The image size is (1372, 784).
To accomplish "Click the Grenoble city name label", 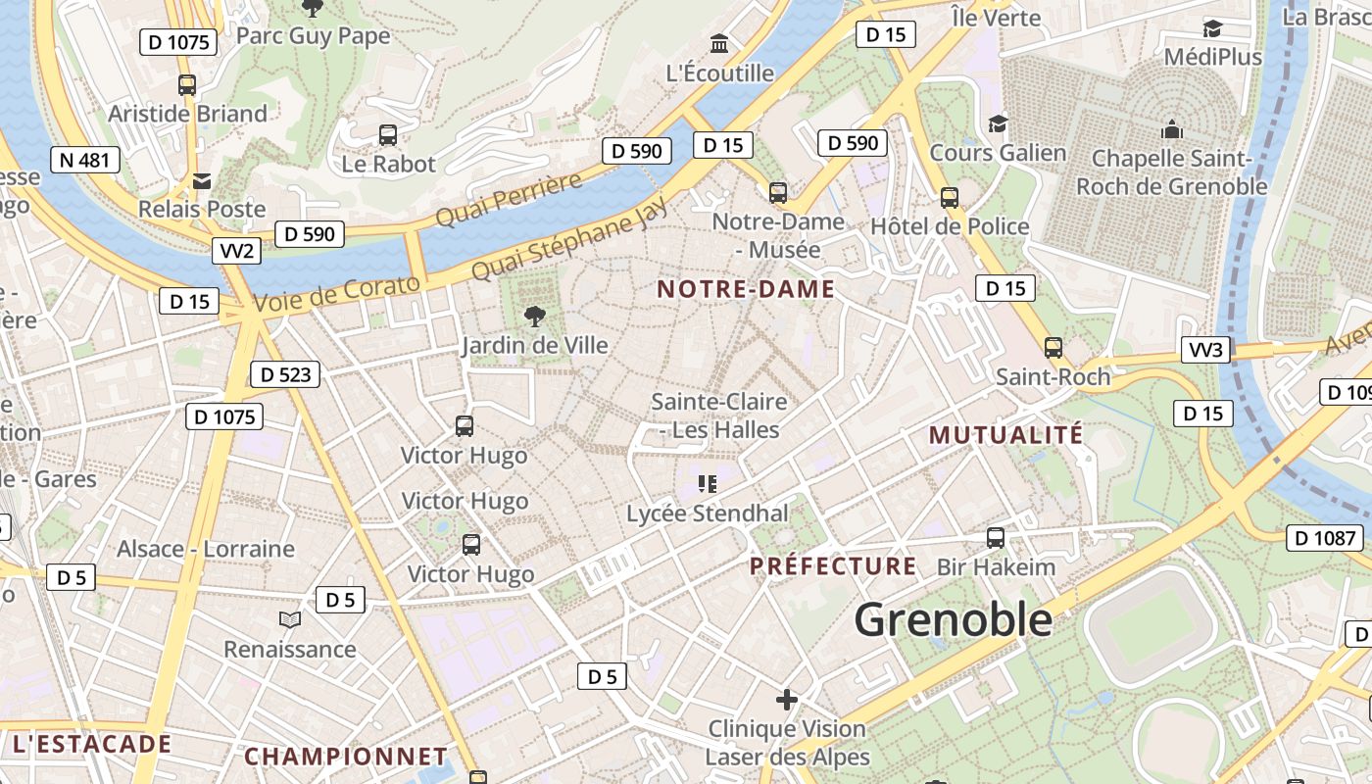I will (953, 619).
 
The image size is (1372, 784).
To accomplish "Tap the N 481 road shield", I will (86, 160).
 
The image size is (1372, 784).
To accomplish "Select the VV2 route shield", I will (237, 251).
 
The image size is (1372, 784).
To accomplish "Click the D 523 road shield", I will (285, 373).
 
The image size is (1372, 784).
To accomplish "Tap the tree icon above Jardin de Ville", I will (534, 316).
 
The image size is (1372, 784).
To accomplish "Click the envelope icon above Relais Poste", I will (202, 181).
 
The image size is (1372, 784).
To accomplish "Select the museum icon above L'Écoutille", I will (719, 44).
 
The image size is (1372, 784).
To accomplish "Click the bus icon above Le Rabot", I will (388, 135).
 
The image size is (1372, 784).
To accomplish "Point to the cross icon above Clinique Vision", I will (787, 700).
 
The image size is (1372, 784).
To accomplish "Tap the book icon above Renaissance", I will (289, 619).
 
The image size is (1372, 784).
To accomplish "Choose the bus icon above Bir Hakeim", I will (996, 537).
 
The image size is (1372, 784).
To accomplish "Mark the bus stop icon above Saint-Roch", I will (1053, 347).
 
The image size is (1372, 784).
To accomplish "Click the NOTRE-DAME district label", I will (746, 289).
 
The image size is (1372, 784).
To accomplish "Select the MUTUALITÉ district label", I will (1005, 434).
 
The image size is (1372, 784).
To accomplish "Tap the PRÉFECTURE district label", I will (833, 566).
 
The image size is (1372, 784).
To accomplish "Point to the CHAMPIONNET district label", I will (346, 757).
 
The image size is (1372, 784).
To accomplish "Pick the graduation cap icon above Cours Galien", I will (998, 123).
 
